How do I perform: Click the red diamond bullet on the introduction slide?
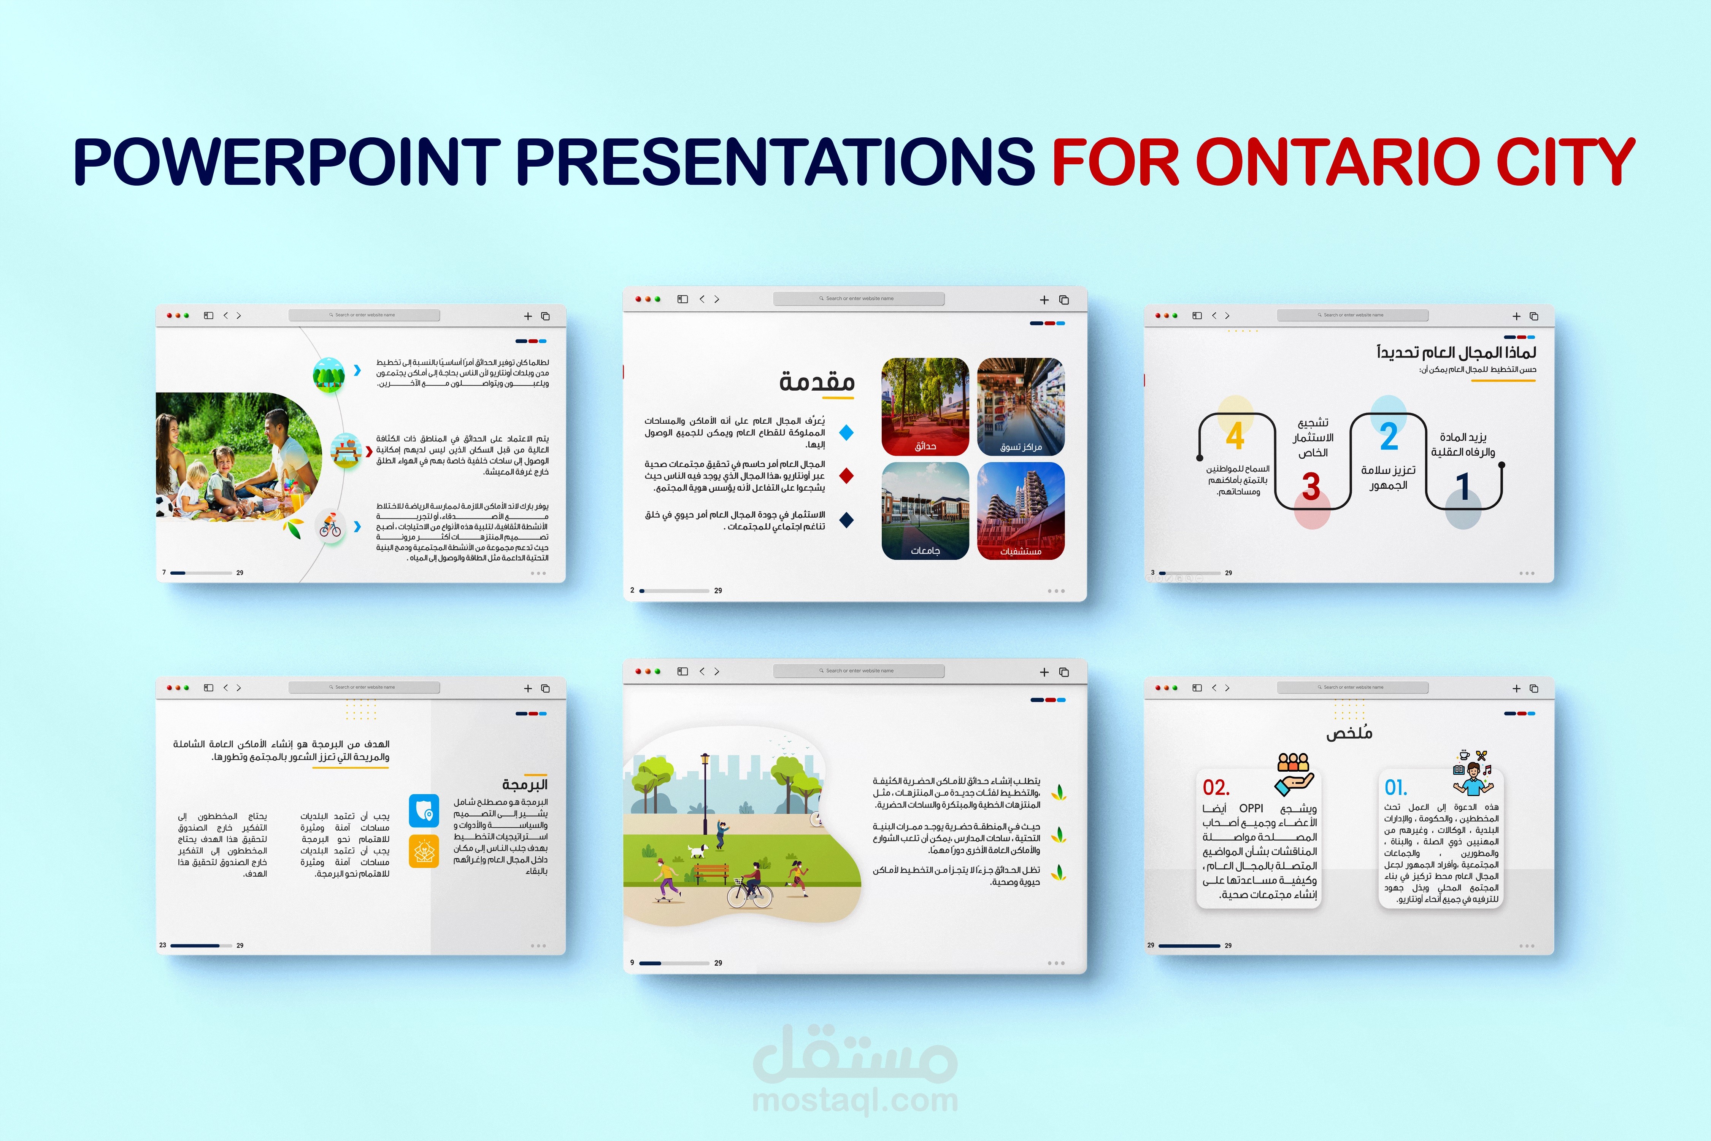[846, 476]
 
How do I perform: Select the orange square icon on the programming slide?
[424, 851]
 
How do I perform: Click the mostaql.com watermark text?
[855, 1100]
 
